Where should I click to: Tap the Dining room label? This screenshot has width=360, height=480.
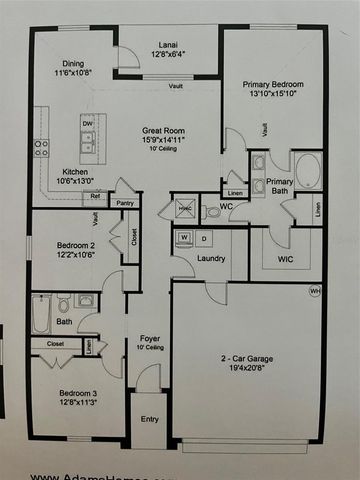(x=72, y=67)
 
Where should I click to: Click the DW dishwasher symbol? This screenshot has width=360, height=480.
(x=87, y=124)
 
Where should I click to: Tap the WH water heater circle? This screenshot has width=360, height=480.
(x=315, y=292)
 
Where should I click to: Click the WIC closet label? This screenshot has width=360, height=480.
(x=284, y=260)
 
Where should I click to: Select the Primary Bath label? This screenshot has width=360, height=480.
(x=279, y=186)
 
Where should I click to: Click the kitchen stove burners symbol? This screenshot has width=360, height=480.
(x=41, y=148)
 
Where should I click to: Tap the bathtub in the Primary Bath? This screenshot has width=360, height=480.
(x=306, y=171)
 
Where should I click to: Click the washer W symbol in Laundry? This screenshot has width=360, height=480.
(x=185, y=239)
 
